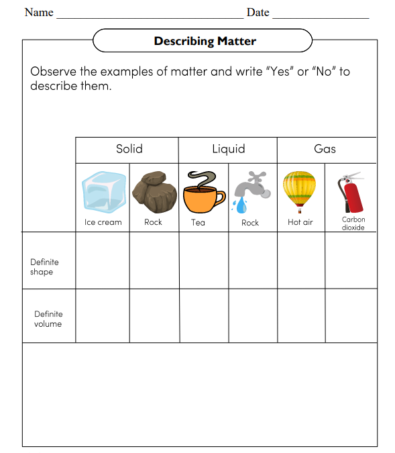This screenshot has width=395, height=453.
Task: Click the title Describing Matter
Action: pos(205,41)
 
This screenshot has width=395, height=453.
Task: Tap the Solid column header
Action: pos(129,149)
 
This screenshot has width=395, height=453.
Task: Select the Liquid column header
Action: pos(229,149)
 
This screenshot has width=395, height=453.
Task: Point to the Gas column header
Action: pos(325,149)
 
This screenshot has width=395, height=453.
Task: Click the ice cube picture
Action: pos(103,192)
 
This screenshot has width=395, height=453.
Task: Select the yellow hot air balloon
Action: pos(300,191)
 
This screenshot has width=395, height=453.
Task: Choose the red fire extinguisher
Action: pos(352,193)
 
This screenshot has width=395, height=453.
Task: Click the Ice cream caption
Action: pos(103,222)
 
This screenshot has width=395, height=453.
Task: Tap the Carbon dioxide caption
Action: pos(353,223)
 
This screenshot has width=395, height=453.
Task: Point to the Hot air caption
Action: pos(300,222)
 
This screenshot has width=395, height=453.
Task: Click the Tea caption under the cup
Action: pos(198,222)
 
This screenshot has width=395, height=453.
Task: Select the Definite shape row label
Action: pos(44,267)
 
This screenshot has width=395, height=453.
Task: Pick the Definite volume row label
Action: pos(48,319)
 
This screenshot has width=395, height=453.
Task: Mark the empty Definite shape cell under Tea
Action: pos(204,260)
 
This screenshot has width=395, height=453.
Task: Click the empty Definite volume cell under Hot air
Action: pos(301,315)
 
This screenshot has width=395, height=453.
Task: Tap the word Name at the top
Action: pos(39,13)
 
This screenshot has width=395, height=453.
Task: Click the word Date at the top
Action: pos(258,13)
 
